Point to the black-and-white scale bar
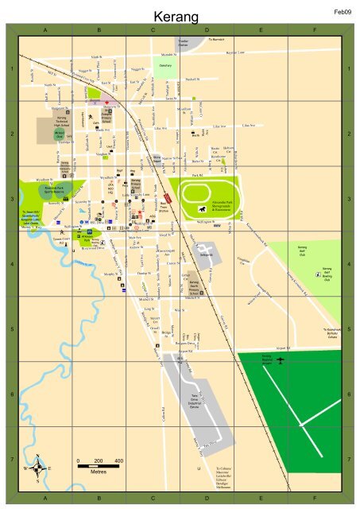98,468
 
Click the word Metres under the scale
98,475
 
